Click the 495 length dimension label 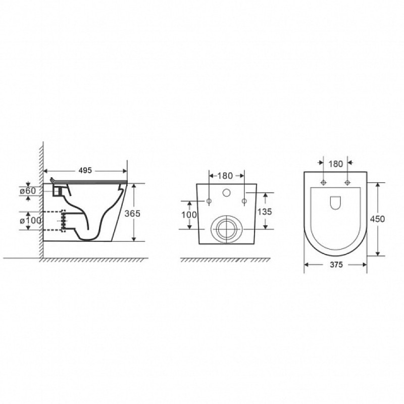85,170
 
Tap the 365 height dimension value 132,213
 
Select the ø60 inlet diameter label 28,191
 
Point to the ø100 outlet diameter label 30,221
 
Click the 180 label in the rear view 225,176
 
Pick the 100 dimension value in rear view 189,215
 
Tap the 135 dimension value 265,212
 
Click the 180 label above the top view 336,164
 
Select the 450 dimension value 377,219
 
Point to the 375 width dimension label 336,265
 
